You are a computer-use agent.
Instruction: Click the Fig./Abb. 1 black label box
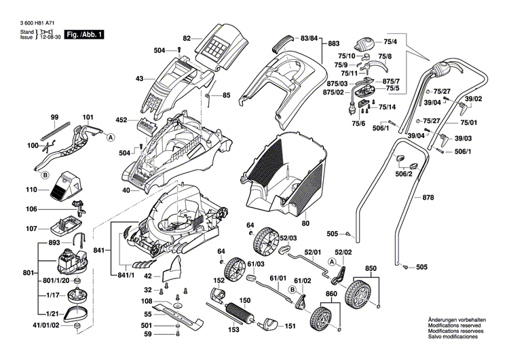[x=84, y=34]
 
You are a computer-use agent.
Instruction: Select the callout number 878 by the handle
[x=428, y=198]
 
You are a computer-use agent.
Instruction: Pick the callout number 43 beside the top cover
[x=139, y=79]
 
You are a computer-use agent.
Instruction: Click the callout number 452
[x=121, y=120]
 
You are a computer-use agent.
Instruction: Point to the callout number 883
[x=333, y=43]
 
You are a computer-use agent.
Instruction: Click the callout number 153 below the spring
[x=233, y=330]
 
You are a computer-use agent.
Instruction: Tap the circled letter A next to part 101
[x=109, y=137]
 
